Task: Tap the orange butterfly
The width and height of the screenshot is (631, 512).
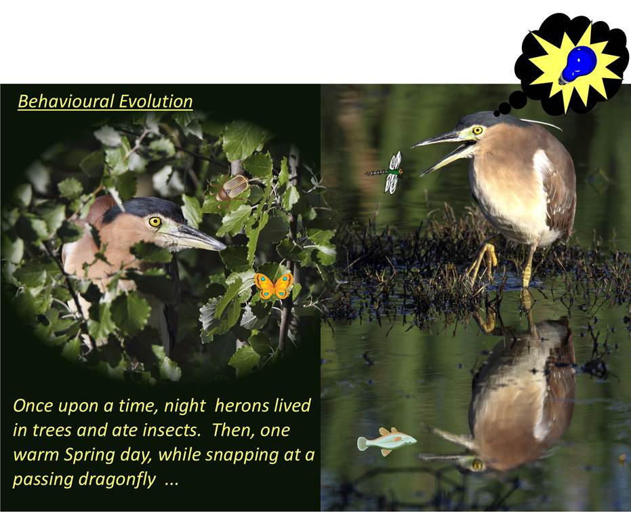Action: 274,285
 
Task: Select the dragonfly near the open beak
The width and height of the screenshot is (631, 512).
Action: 387,172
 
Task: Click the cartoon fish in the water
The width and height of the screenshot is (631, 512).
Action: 386,441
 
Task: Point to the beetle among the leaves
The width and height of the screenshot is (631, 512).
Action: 232,187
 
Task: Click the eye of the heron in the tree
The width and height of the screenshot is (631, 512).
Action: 155,221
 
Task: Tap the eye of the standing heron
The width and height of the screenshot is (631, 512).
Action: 477,130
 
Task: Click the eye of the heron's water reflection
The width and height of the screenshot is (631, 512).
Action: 477,465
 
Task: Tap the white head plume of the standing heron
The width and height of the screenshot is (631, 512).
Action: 542,124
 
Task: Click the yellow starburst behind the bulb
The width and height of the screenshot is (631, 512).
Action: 574,67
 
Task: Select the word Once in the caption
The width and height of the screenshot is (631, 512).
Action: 33,406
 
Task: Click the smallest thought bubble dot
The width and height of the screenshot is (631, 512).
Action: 497,113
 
